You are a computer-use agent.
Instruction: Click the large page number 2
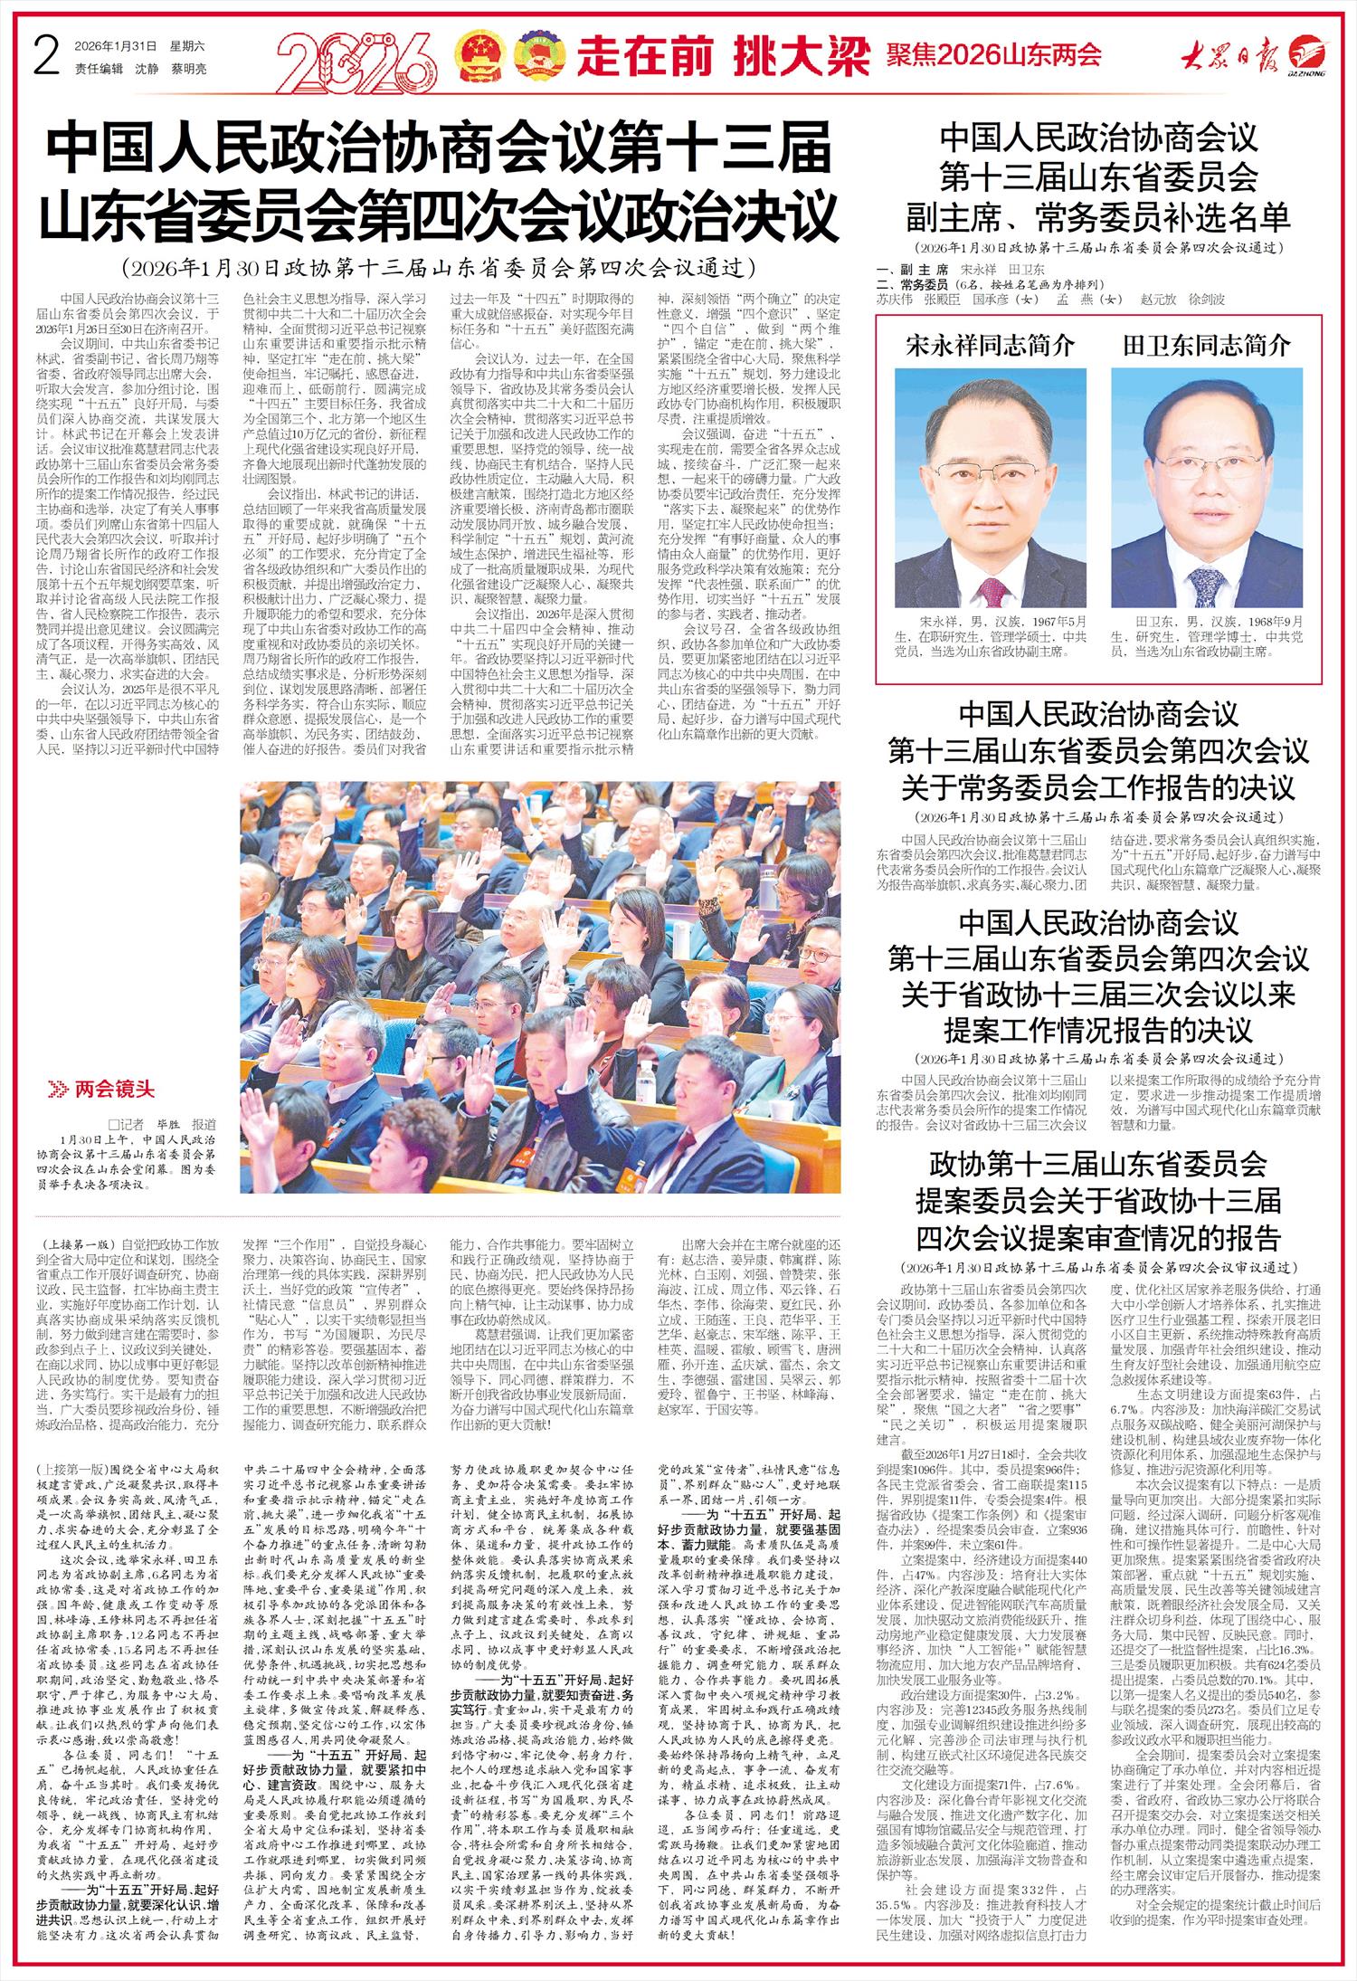click(x=45, y=54)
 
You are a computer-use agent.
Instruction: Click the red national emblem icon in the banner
click(x=479, y=53)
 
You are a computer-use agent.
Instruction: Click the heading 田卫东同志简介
click(x=1206, y=345)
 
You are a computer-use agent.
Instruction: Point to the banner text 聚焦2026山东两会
click(x=992, y=55)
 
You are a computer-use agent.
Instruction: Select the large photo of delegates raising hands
click(x=540, y=986)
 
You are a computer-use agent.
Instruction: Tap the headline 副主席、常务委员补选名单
click(x=1098, y=217)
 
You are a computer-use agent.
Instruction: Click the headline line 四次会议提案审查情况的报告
click(x=1098, y=1237)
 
